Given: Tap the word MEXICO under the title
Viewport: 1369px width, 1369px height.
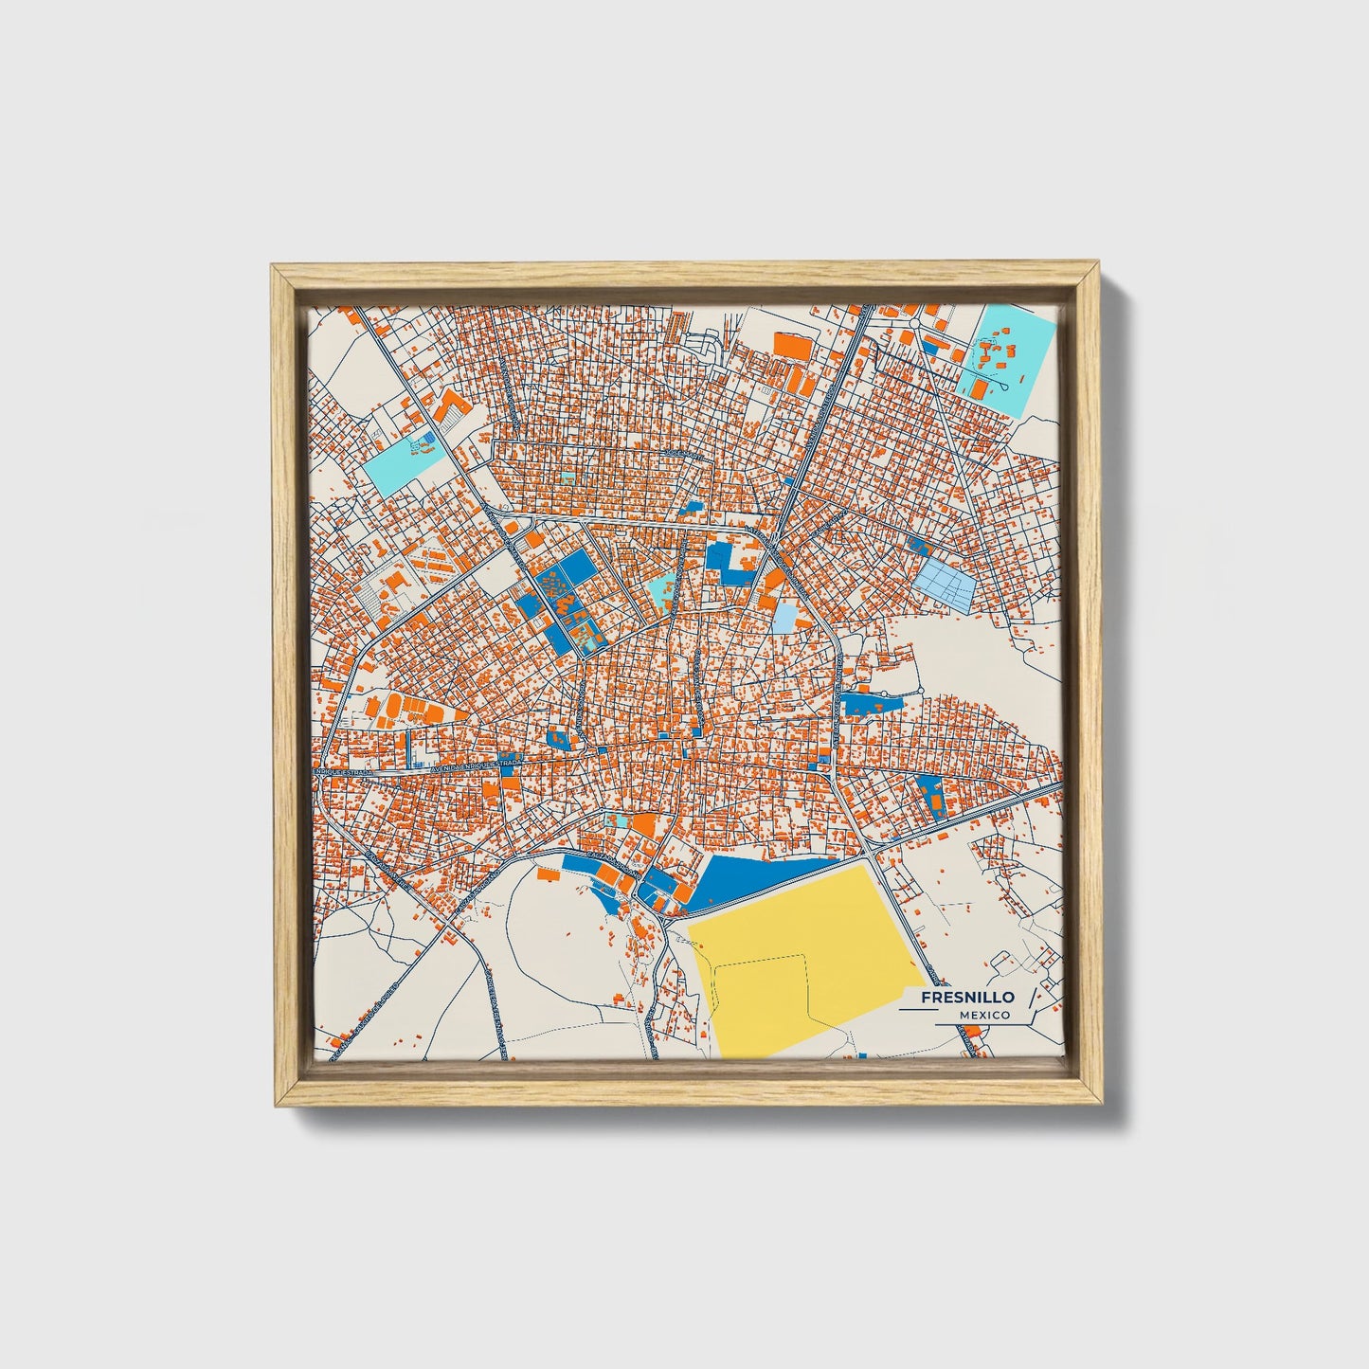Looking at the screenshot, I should click(983, 1015).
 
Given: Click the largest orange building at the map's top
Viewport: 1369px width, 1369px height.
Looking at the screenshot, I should click(794, 345).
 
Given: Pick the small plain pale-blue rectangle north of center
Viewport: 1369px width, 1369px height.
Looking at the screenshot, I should click(785, 619).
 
